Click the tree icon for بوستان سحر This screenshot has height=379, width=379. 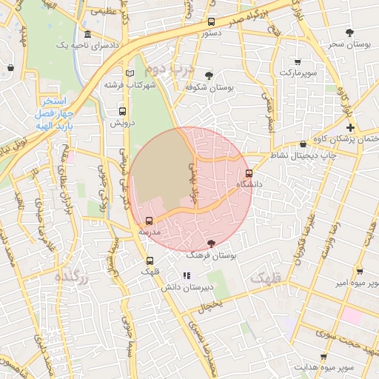[350, 32]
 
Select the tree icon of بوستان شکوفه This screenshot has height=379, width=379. [209, 75]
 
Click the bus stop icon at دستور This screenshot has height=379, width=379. [212, 22]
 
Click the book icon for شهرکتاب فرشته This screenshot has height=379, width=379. [130, 73]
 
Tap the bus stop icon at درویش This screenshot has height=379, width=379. [122, 112]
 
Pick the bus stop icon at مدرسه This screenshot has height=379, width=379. [150, 221]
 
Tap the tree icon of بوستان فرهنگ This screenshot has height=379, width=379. [212, 244]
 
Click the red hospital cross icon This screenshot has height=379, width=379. [350, 128]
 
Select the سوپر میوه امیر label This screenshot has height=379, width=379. [355, 283]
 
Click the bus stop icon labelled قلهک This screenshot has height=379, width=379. [150, 261]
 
